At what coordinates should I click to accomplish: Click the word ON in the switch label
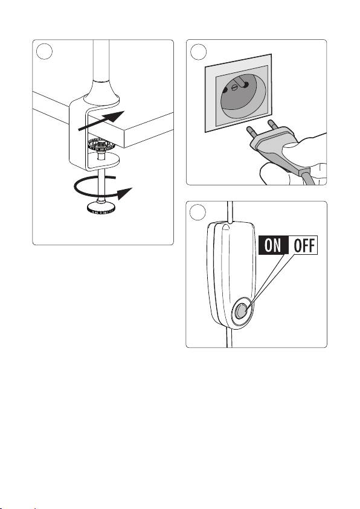272,245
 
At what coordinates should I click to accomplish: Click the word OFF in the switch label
304,245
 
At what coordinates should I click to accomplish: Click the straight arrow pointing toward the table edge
101,121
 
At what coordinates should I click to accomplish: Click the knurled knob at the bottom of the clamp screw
101,207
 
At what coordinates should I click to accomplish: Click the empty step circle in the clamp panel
44,51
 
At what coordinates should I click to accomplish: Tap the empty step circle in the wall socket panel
198,51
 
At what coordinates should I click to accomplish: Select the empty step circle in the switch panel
198,213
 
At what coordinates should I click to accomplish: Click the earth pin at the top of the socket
241,82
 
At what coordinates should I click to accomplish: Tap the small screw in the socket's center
235,88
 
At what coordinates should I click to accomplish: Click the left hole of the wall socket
225,90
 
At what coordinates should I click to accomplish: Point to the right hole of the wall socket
246,85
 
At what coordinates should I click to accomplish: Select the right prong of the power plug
272,126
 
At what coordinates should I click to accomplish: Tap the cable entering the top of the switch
230,213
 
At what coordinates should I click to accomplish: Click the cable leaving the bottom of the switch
229,338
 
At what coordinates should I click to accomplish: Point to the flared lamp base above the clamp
101,92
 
